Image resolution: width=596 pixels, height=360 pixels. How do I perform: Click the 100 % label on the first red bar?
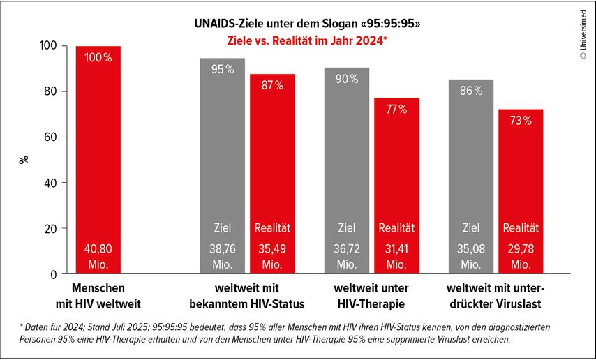pos(98,58)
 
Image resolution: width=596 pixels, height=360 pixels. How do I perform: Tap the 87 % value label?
pos(272,85)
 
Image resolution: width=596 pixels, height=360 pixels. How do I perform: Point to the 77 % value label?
pos(396,109)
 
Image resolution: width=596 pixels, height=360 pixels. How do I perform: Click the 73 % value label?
pos(521,120)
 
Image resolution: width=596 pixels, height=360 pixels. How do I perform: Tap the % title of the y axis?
pos(24,159)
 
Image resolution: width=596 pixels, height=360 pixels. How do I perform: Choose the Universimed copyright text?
pos(583,40)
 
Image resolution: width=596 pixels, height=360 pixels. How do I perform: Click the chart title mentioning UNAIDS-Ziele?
pos(307,24)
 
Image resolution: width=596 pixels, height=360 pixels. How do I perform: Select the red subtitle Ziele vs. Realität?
pos(307,40)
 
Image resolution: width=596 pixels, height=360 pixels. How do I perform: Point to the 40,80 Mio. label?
pos(98,255)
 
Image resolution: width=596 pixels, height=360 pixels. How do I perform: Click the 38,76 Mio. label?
pos(223,255)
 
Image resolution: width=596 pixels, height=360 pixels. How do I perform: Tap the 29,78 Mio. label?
pos(521,255)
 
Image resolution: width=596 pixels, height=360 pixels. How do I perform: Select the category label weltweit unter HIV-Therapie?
pos(371,294)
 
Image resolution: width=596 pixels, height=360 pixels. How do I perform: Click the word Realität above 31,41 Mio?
pos(396,227)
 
